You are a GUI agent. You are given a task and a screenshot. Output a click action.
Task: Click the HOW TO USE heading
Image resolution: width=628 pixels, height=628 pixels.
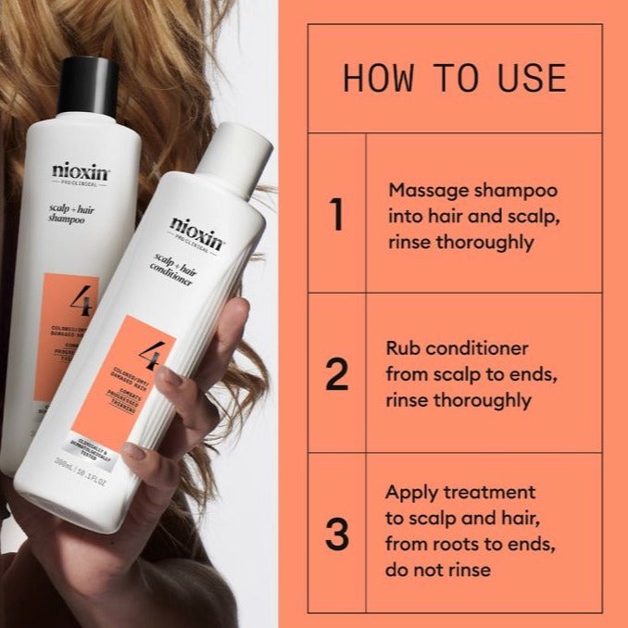coord(454,78)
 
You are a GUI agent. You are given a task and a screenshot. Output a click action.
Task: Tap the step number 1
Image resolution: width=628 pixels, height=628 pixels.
coord(335,215)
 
